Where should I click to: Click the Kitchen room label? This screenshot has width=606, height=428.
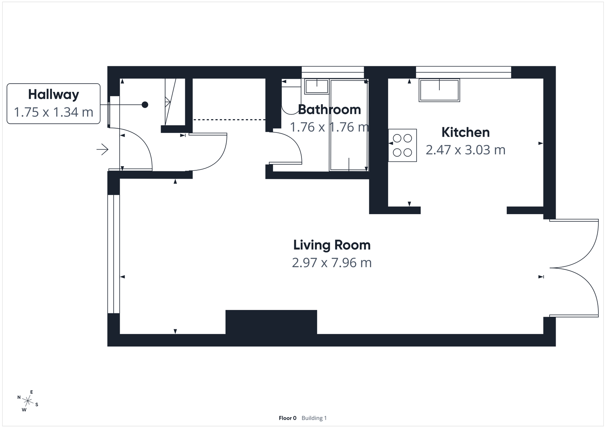coord(465,132)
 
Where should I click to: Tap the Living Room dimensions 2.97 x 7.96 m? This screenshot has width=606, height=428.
coord(331,263)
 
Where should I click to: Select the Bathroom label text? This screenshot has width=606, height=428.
coord(329,110)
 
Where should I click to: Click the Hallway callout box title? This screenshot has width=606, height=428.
coord(53,94)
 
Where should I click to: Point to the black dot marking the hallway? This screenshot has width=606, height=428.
coord(145,105)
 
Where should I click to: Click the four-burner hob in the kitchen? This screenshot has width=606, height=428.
coord(402,146)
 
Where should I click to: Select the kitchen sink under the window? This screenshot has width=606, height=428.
coord(439,90)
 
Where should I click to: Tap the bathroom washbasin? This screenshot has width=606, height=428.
coord(317,86)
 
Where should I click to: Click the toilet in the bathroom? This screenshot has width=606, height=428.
coord(288,98)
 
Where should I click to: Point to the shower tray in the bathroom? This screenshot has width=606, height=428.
coord(348,125)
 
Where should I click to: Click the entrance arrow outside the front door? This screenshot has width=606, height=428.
coord(102,150)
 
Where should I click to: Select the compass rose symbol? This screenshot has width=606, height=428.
coord(28,400)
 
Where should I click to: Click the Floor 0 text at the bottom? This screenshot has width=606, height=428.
coord(287,418)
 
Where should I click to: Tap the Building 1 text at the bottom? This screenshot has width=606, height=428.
coord(314,418)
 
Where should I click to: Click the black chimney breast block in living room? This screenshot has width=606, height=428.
coord(271,322)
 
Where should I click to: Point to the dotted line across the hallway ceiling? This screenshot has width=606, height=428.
coord(229,120)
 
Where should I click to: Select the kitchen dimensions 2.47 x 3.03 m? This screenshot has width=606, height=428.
coord(465,150)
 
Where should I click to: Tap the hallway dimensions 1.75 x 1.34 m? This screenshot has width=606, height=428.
coord(53,112)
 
